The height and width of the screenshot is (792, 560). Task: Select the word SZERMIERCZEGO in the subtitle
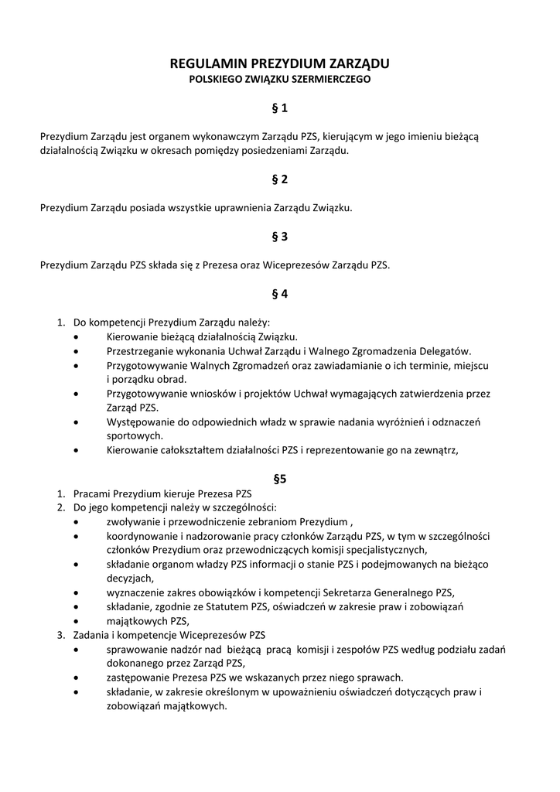pos(333,80)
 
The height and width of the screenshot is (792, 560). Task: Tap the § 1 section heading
pos(279,108)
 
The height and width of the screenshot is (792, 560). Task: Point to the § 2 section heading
pos(279,179)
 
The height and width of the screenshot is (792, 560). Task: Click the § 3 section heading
pos(279,237)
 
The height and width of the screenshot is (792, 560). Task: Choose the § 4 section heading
pos(279,294)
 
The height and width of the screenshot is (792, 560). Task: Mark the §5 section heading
pos(279,479)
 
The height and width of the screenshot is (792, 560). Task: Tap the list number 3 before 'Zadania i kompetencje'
pos(60,635)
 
